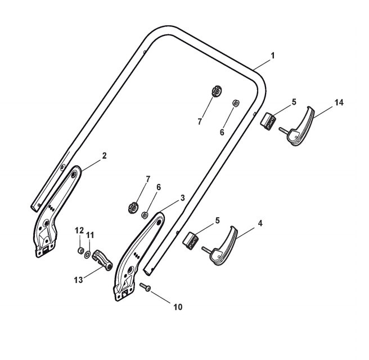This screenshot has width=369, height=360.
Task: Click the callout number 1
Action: pos(273,56)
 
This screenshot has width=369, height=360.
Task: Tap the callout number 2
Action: pos(105,155)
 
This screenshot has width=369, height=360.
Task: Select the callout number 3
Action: pos(182,199)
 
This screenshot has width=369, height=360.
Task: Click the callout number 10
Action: pos(178,307)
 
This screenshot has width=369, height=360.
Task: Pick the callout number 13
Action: pos(79,279)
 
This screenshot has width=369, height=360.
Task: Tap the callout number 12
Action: pos(79,230)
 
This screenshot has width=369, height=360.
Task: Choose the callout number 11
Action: pos(90,235)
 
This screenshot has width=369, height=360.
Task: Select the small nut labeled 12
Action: pos(81,250)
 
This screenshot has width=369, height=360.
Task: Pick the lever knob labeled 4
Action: pos(222,247)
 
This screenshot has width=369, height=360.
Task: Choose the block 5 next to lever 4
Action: pos(192,240)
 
